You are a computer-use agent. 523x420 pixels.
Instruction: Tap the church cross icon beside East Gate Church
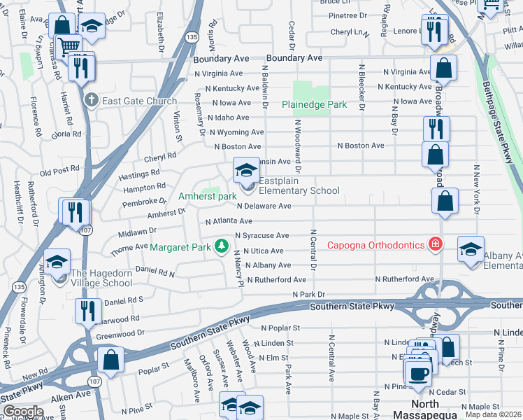91,101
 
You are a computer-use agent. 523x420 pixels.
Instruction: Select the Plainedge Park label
314,104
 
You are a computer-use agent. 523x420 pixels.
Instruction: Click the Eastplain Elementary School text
299,190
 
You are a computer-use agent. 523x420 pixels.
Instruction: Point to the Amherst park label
208,197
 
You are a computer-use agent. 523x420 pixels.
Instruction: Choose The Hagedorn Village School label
101,278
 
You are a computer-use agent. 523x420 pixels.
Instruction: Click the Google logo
22,412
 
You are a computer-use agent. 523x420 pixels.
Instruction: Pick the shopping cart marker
69,48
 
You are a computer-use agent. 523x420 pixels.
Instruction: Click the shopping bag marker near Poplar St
110,360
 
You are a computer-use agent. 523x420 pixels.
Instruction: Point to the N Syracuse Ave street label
262,236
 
